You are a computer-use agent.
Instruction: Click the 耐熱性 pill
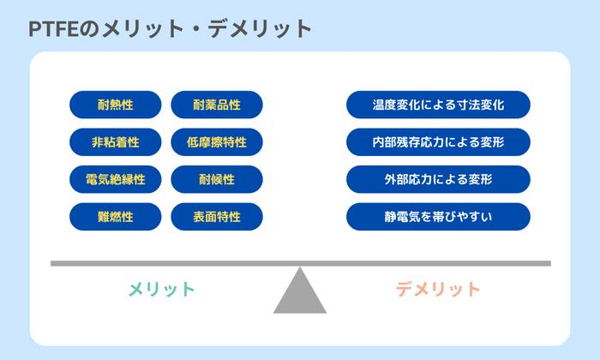pyautogui.click(x=115, y=105)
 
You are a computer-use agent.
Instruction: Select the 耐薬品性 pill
pyautogui.click(x=217, y=105)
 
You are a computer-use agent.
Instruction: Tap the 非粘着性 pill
pyautogui.click(x=115, y=141)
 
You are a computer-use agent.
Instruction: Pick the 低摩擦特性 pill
pyautogui.click(x=217, y=141)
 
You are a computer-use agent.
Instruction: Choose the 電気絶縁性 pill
pyautogui.click(x=115, y=179)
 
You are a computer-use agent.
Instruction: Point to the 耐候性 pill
pyautogui.click(x=217, y=179)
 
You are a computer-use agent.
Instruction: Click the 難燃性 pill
pyautogui.click(x=115, y=217)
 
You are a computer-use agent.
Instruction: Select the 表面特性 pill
pyautogui.click(x=217, y=217)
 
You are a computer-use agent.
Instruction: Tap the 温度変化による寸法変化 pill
pyautogui.click(x=438, y=105)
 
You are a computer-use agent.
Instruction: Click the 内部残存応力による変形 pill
pyautogui.click(x=438, y=141)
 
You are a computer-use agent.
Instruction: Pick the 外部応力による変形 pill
pyautogui.click(x=438, y=179)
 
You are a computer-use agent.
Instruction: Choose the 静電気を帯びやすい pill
pyautogui.click(x=438, y=217)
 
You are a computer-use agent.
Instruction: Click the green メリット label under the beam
pyautogui.click(x=162, y=289)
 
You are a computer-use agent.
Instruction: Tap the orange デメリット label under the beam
pyautogui.click(x=438, y=289)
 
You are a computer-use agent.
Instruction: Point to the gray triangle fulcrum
pyautogui.click(x=300, y=295)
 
